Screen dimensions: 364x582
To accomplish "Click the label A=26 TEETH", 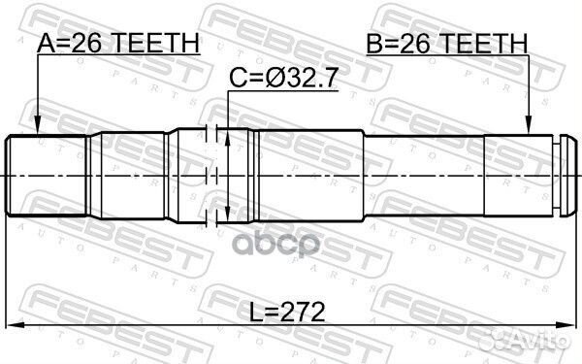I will (x=117, y=42).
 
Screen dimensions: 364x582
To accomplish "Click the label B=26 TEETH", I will (x=446, y=42).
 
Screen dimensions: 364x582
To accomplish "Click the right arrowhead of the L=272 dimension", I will (x=566, y=325).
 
